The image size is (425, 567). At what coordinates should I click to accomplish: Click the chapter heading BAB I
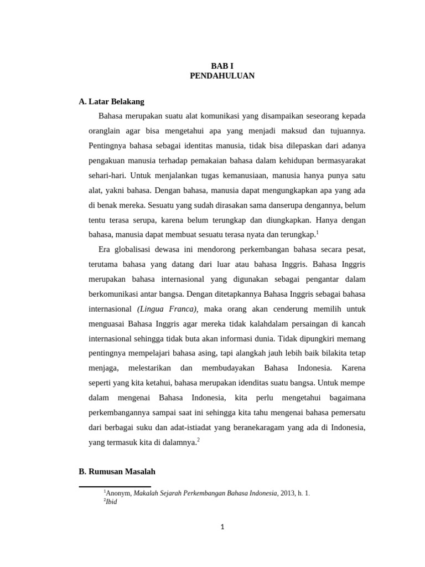(x=222, y=65)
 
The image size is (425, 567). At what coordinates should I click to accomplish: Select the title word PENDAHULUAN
(x=222, y=76)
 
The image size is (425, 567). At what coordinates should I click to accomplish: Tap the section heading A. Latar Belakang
(x=111, y=101)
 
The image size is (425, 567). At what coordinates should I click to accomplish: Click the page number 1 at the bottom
(x=222, y=527)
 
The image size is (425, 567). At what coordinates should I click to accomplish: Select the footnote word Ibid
(x=111, y=502)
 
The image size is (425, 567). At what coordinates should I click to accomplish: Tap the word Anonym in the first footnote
(x=118, y=493)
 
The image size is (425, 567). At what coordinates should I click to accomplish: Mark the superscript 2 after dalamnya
(x=198, y=440)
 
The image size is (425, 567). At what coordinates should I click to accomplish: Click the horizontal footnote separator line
(x=115, y=487)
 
